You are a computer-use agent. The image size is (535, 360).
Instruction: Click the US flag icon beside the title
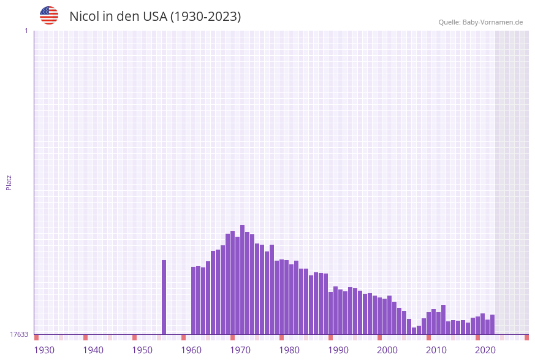pos(49,15)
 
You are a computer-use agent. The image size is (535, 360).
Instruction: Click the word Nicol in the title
pos(84,17)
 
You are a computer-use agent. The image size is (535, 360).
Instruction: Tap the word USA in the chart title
pos(154,17)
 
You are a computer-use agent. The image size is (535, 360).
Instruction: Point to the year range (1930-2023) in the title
pos(205,17)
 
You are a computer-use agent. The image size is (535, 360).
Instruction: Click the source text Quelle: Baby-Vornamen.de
pos(480,22)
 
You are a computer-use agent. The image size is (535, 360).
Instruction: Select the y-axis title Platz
pos(9,182)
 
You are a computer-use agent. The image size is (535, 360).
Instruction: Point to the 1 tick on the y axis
pos(26,31)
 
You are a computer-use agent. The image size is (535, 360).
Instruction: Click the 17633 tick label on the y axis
pos(19,334)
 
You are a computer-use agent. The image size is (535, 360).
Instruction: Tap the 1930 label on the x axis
pos(44,350)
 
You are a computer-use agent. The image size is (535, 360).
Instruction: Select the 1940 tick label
pos(93,350)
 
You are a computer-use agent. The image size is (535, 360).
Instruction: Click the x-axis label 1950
pos(142,350)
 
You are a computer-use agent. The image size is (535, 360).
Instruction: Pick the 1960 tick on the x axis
pos(191,350)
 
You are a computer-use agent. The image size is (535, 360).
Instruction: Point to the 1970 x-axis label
pos(240,350)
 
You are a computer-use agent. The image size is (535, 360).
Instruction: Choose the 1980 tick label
pos(289,350)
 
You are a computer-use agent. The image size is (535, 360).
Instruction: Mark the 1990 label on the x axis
pos(338,350)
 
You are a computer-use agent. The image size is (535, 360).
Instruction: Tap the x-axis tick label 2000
pos(387,350)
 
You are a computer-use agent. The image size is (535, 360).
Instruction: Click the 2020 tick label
pos(485,350)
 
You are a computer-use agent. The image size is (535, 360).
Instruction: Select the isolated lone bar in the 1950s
pos(164,297)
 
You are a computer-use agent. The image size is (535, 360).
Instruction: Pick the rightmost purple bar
pos(492,324)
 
